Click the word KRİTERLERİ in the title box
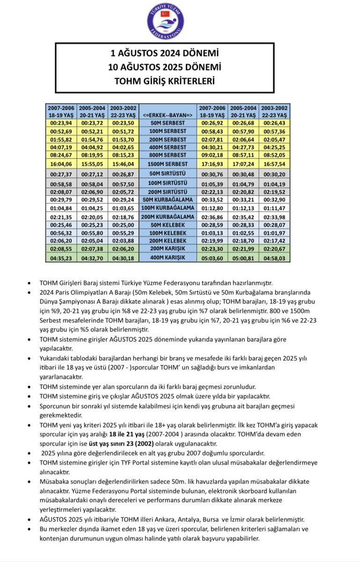(x=189, y=81)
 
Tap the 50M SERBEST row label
(x=167, y=123)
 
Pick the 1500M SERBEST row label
(x=167, y=164)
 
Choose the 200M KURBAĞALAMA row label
(x=167, y=217)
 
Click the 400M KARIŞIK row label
(x=167, y=258)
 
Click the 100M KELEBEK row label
(x=167, y=233)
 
